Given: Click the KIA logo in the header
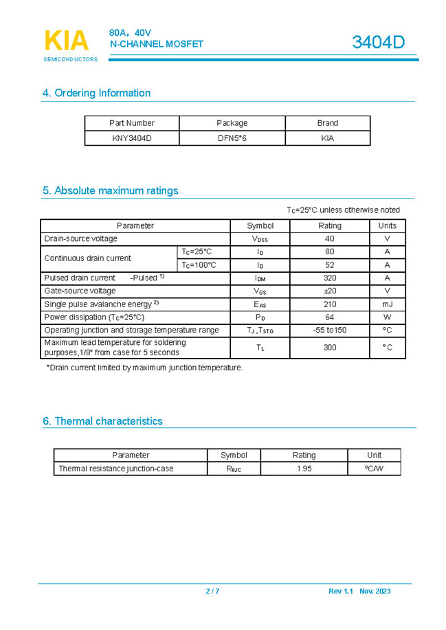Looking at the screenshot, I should click(67, 42).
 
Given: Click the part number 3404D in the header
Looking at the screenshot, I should click(378, 43).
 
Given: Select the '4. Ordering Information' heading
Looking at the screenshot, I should click(96, 93).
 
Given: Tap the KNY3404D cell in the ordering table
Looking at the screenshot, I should click(132, 138).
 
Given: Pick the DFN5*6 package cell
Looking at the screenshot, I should click(232, 138).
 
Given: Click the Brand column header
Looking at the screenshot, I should click(327, 123).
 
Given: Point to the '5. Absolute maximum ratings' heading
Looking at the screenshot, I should click(110, 191).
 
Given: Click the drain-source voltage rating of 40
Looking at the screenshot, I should click(330, 239).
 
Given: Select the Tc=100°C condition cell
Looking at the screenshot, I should click(199, 265).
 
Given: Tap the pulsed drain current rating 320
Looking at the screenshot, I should click(330, 278).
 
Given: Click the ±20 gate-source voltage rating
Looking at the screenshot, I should click(330, 291).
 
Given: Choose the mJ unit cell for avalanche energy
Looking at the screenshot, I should click(387, 304).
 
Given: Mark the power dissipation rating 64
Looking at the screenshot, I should click(330, 317).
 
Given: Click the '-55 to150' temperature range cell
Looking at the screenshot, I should click(330, 330).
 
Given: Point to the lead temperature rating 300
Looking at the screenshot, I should click(330, 348).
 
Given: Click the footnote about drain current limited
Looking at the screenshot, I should click(144, 368).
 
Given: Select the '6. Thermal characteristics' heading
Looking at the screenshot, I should click(102, 421).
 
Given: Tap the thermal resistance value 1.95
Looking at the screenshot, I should click(304, 469).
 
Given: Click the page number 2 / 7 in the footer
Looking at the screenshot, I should click(212, 592).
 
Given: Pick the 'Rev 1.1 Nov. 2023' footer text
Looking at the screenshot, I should click(359, 592).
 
